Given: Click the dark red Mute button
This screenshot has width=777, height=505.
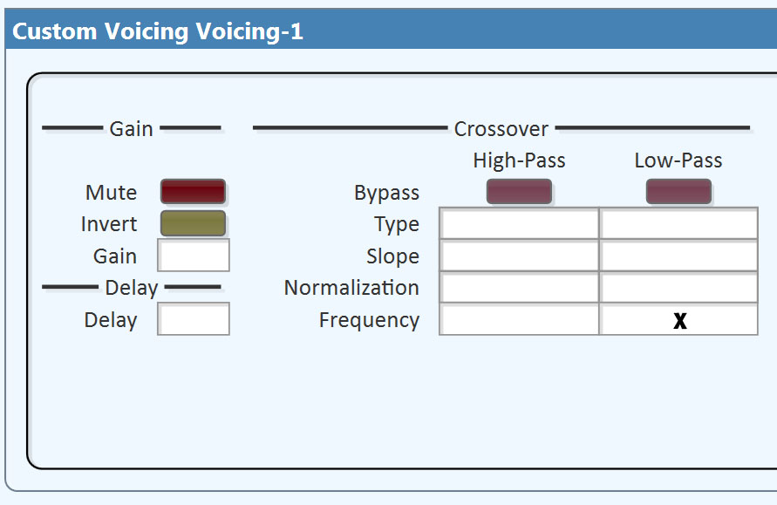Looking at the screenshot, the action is tap(193, 192).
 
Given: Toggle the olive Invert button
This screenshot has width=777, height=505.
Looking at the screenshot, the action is tap(193, 223).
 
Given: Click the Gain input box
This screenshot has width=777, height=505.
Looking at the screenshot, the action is tap(194, 256).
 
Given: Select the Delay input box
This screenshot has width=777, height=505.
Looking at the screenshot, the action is tap(194, 319).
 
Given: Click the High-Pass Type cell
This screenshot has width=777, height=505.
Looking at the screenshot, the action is tap(520, 223).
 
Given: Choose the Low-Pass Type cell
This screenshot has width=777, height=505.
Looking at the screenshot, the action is tap(678, 223).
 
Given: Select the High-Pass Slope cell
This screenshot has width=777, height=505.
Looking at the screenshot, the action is tap(520, 256).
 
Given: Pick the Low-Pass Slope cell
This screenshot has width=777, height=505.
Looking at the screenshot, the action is tap(678, 256).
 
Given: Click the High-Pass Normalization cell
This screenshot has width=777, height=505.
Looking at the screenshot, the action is tap(520, 287).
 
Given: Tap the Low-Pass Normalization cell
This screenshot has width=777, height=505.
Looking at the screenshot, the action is tap(678, 287).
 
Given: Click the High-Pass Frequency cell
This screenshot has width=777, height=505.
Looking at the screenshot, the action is tap(520, 319).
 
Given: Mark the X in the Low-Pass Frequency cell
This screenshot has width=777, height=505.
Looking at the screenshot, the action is tap(680, 321).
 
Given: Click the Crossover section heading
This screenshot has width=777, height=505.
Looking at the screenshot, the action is tap(501, 129).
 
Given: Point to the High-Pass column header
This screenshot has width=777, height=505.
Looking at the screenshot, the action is tap(519, 160).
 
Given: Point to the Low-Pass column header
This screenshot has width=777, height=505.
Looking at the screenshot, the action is tap(678, 160).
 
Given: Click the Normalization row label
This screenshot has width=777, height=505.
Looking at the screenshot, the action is tap(351, 288).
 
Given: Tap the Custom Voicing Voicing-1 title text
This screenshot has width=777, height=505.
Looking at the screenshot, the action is tap(158, 31).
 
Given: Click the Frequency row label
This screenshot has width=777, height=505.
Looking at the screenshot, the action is tap(369, 320).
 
